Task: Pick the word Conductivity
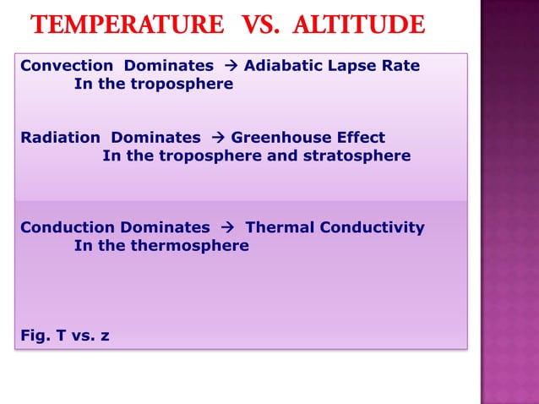pos(371,227)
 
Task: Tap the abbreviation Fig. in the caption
pos(35,336)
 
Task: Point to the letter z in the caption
pos(105,336)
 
